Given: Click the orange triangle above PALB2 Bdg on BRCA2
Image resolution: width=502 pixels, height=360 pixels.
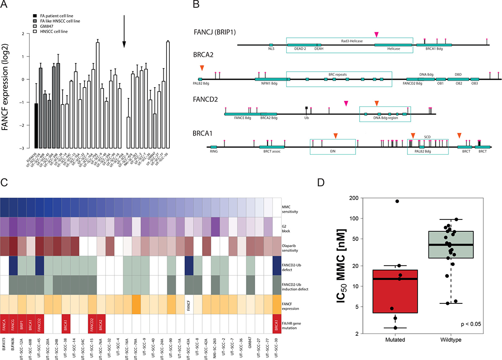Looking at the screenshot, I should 202,68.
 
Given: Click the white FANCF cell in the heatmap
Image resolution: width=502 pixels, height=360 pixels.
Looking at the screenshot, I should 190,302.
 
